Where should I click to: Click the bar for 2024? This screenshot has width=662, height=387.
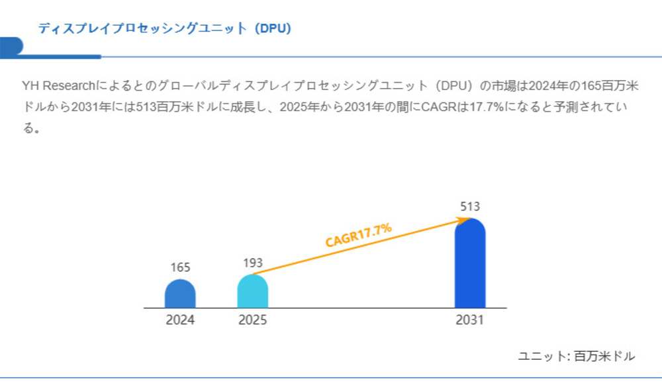pos(180,294)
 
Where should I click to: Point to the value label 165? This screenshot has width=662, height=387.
pos(180,268)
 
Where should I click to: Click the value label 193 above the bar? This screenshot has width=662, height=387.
pos(252,263)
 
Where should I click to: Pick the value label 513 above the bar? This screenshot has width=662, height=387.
pos(470,206)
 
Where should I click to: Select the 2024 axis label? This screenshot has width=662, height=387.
pos(180,321)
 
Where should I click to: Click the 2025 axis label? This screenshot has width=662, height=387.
pos(252,321)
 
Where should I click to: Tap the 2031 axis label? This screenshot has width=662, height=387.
pos(470,321)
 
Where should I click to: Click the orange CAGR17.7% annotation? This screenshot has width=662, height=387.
pos(358,236)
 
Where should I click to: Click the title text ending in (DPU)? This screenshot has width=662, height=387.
pos(165,28)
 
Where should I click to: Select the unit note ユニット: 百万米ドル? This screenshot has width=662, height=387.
pos(576,357)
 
